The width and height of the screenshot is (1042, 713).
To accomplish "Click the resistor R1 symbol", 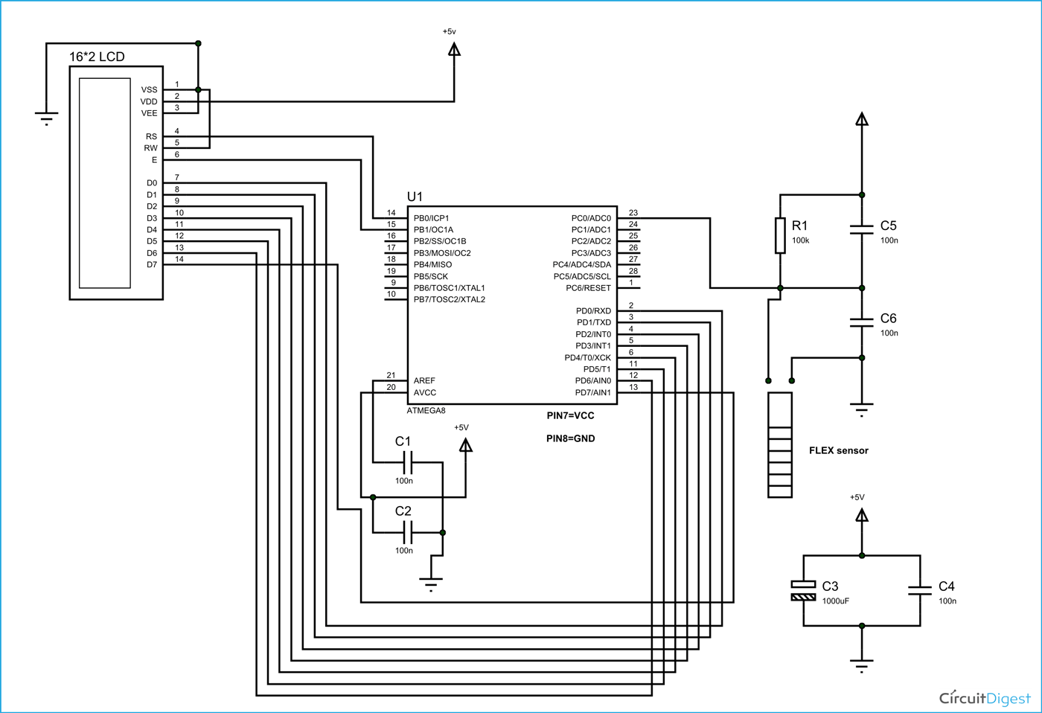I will coord(780,235).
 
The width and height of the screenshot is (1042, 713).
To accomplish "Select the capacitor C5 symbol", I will coord(861,229).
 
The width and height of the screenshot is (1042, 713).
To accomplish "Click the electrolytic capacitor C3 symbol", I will coord(804,590).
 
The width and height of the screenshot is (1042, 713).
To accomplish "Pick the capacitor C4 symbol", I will coord(920,590).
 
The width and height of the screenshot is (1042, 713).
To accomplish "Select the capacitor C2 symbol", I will coord(407,532).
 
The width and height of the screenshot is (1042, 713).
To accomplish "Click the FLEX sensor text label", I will coord(838,450).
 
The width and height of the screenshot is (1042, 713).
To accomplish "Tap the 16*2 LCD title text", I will coord(97,57).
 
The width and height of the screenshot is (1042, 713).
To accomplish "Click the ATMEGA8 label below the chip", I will coord(426,411).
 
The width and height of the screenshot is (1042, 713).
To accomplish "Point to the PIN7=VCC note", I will coord(570,415).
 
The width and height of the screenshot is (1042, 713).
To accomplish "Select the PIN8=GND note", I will coord(570,438).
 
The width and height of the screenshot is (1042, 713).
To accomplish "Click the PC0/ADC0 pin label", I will coord(591,218).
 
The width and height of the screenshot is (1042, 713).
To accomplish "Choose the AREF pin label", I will coord(424,380).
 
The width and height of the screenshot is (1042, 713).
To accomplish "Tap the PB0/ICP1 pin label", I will coord(431,218).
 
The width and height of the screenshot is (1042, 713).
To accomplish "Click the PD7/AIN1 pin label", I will coord(592,392).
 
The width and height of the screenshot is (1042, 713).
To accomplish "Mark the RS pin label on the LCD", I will coord(152,136).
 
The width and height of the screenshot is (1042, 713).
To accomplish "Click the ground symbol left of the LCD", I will coord(46,118).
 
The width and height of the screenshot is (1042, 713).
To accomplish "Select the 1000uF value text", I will coord(835,601).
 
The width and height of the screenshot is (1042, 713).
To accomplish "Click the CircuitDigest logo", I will coord(985,697).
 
